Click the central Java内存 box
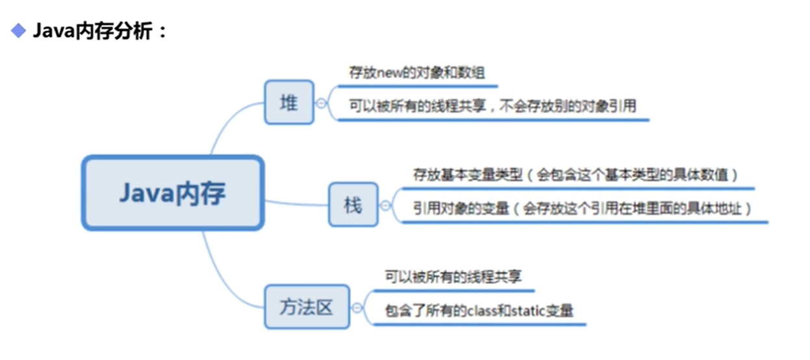click(x=172, y=193)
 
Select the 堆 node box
click(x=289, y=102)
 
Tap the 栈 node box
click(x=353, y=205)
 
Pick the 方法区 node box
click(x=307, y=307)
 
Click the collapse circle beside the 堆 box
click(x=320, y=103)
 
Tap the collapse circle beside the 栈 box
click(x=385, y=205)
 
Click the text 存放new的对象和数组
click(x=416, y=73)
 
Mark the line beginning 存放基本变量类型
click(x=576, y=175)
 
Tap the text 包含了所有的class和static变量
click(x=479, y=311)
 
